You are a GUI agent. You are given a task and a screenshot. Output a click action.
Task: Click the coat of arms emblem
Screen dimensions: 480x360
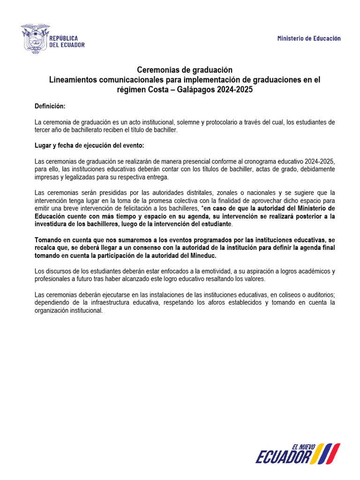[35, 38]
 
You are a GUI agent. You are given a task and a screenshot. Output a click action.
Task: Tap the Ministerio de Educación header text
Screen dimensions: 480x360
[309, 38]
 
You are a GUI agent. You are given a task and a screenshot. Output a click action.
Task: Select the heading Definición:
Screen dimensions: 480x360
[50, 106]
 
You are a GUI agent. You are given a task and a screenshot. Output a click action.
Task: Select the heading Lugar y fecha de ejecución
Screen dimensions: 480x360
[89, 145]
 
